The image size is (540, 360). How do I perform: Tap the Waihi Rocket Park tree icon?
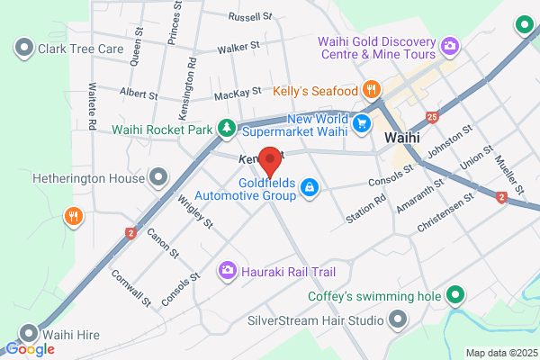tap(229, 129)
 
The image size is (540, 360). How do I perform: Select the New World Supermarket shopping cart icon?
tap(362, 123)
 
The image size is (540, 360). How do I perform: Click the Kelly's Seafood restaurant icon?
tap(370, 89)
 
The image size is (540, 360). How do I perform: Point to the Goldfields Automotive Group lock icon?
tap(309, 186)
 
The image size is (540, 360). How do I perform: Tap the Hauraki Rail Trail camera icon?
tap(229, 269)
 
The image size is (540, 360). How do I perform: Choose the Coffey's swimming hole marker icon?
tap(456, 294)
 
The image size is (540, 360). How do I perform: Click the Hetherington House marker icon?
tap(159, 177)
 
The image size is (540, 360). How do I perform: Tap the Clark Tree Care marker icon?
tap(23, 46)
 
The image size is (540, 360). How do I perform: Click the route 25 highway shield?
tap(434, 117)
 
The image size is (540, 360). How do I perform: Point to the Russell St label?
tap(250, 17)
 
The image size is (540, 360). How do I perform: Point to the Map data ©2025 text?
tap(500, 352)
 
